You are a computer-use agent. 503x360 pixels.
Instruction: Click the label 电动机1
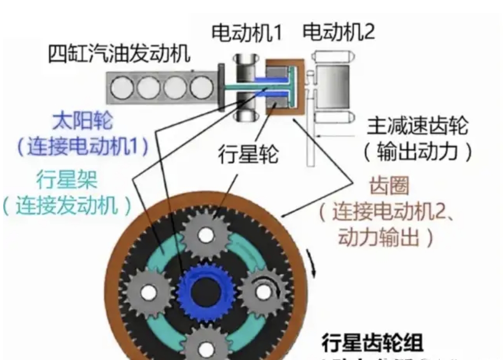pos(246,33)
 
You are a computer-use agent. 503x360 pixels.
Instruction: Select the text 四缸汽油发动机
pos(118,54)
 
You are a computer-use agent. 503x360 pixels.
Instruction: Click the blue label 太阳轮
pos(82,122)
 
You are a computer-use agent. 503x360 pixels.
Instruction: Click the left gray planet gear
pos(148,293)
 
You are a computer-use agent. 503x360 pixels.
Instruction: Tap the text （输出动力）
pos(417,152)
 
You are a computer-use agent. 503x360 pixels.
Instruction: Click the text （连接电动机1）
pos(82,147)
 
